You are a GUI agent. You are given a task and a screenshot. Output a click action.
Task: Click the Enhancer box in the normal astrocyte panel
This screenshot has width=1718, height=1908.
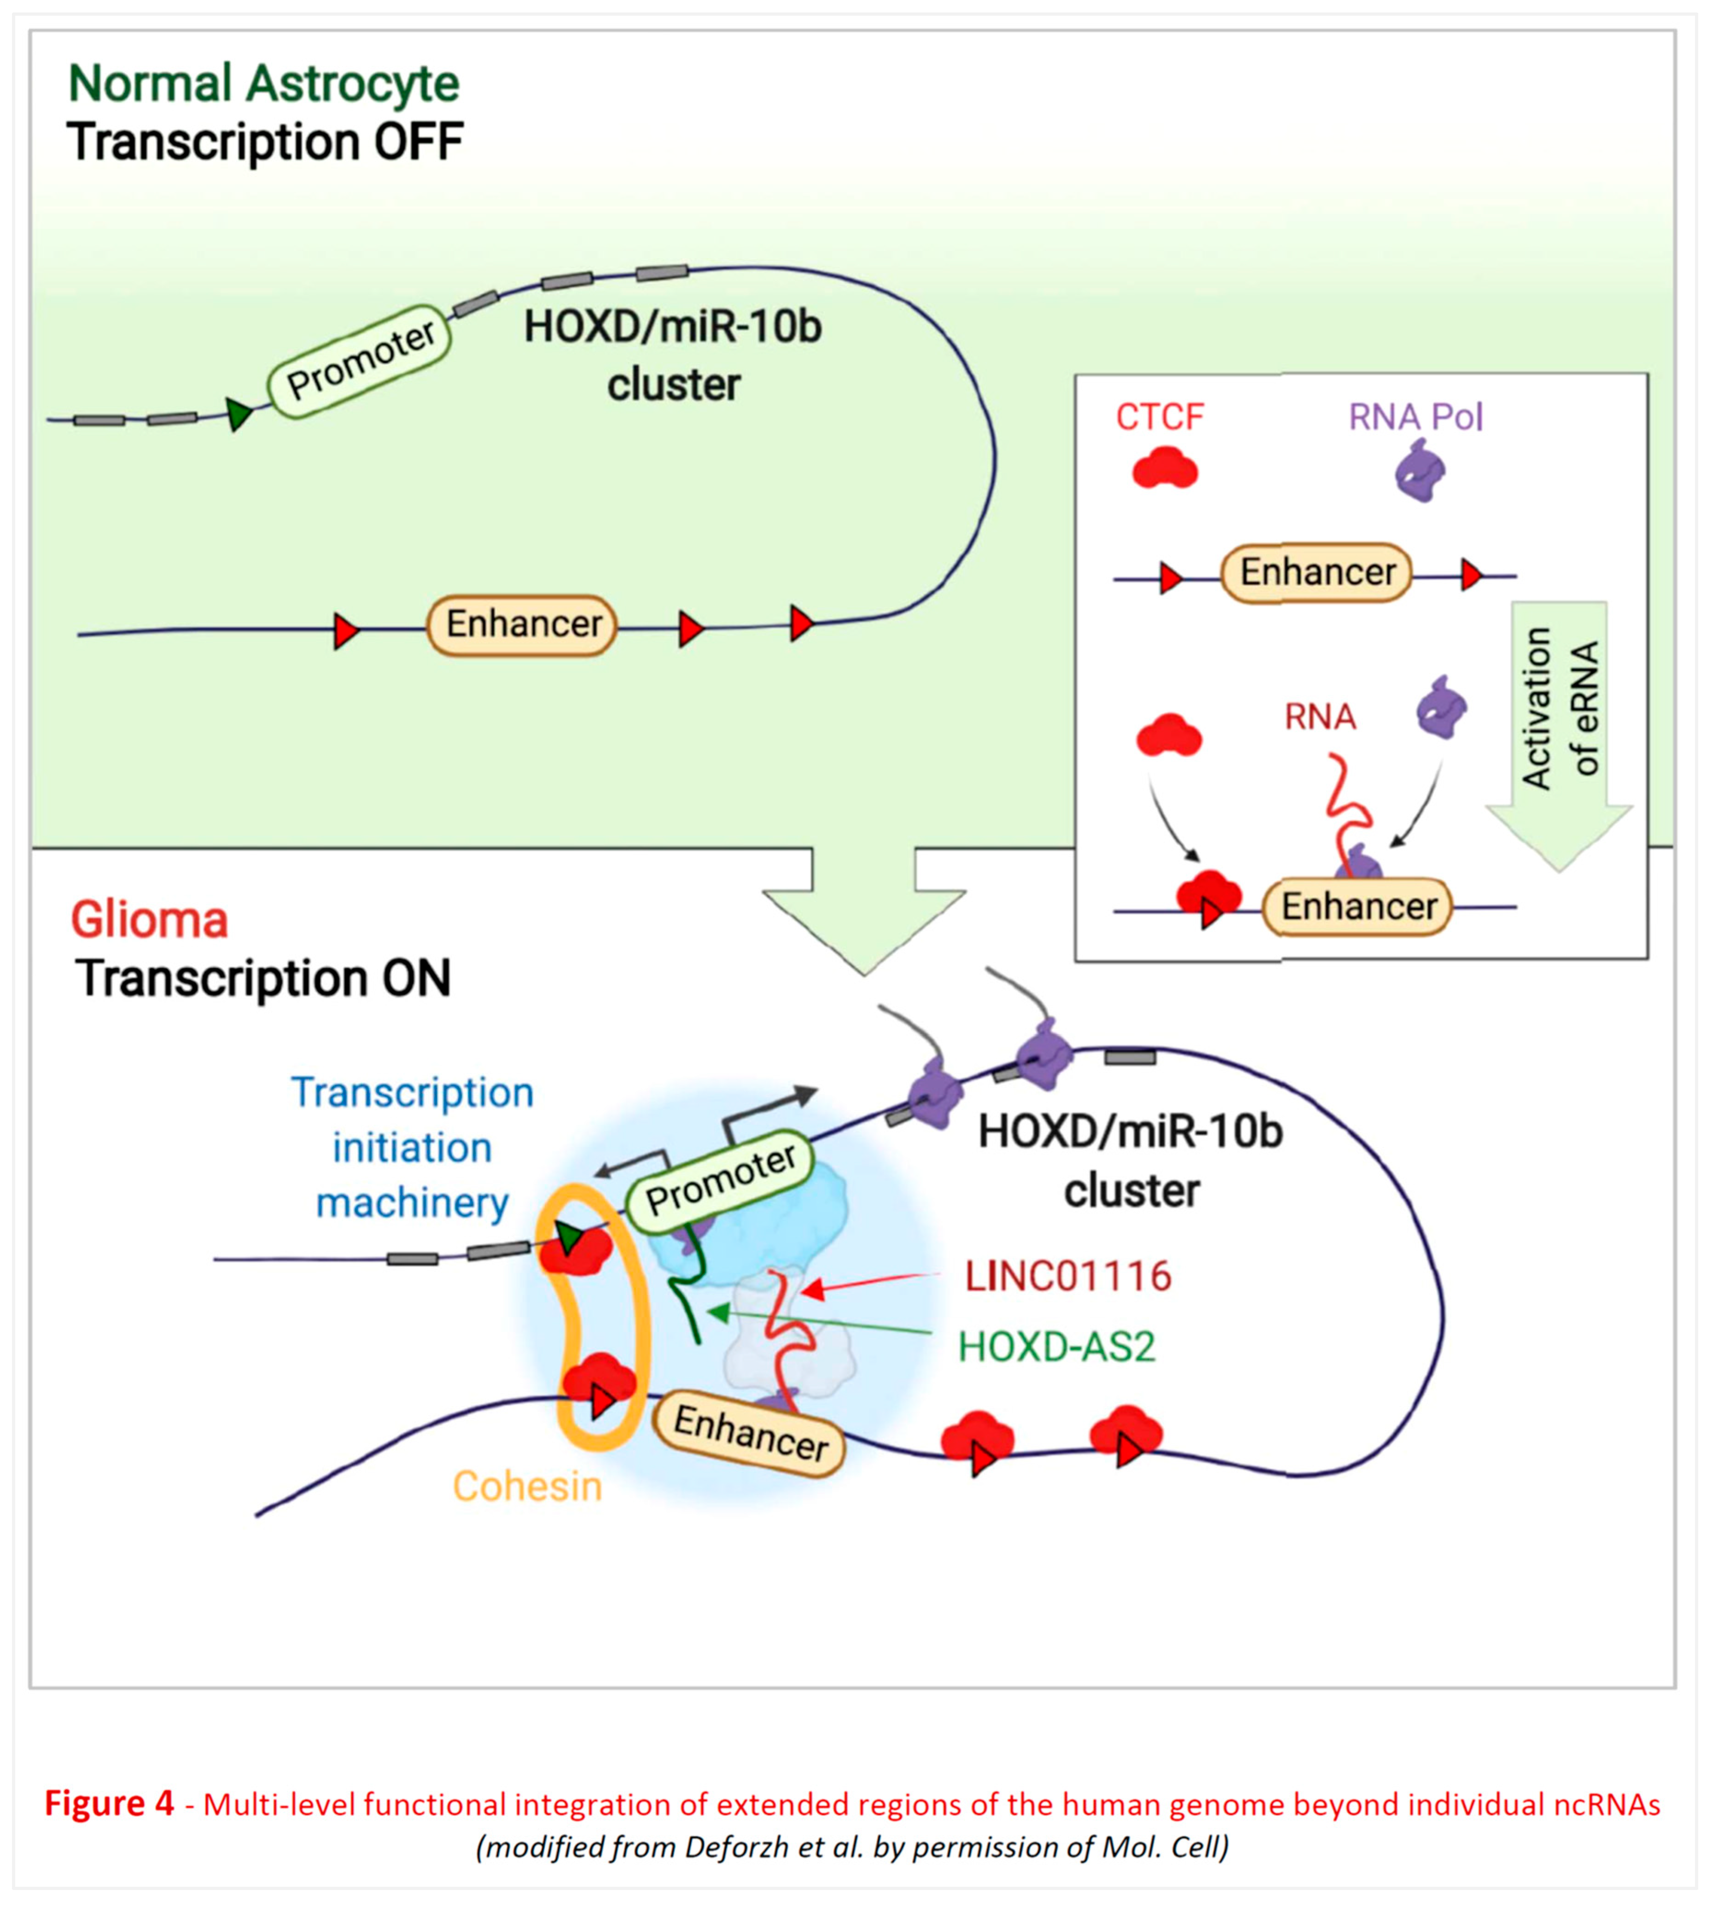click(x=522, y=624)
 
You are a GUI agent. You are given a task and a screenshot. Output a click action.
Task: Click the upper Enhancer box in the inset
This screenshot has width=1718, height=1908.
click(x=1317, y=572)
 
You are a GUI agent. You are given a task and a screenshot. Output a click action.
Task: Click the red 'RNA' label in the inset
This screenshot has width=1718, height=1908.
click(x=1320, y=718)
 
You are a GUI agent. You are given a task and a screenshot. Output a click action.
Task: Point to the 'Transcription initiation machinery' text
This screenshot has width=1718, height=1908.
click(x=413, y=1147)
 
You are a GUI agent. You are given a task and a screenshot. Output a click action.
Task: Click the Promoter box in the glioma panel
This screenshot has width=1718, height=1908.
click(x=720, y=1180)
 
